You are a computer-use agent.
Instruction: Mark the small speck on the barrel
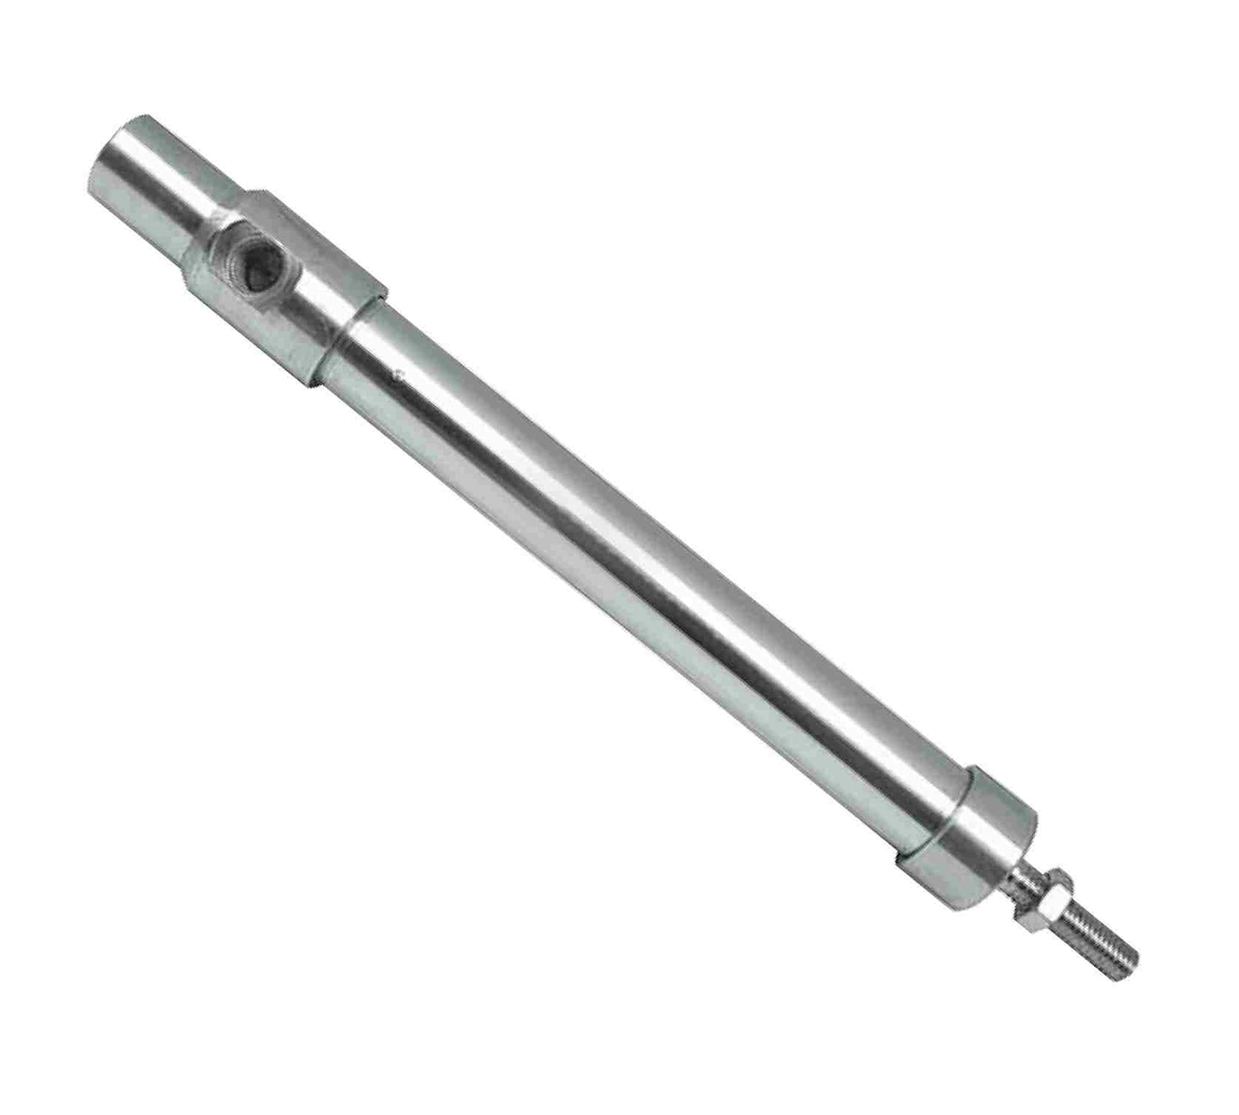tap(396, 372)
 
